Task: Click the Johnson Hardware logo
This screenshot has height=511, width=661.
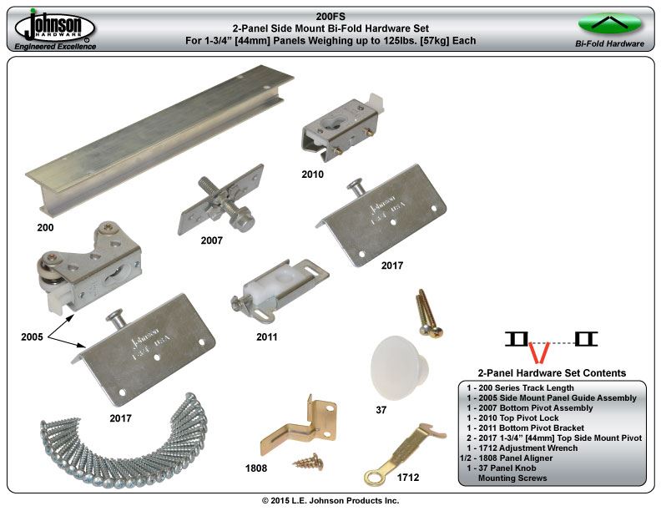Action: [55, 29]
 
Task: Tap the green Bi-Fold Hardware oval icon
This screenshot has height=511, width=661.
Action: [609, 23]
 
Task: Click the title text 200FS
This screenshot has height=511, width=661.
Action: [330, 17]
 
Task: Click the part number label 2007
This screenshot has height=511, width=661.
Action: [211, 240]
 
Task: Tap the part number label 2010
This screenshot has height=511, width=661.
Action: [312, 175]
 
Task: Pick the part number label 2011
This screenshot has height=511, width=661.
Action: [267, 336]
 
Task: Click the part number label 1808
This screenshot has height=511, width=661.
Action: [256, 468]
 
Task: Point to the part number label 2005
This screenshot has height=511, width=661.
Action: [32, 336]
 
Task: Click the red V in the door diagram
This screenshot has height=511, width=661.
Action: [539, 352]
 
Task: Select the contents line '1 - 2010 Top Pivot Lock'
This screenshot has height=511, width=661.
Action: [512, 417]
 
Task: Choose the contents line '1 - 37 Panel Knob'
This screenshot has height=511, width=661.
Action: [502, 468]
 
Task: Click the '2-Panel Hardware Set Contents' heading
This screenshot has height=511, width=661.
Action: [552, 373]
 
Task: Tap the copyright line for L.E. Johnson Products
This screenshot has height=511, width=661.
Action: [330, 500]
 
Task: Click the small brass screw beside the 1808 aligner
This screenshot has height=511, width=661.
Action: [309, 461]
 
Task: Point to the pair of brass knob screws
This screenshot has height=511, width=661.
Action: [428, 312]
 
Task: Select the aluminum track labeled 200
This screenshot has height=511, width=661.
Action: [159, 139]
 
